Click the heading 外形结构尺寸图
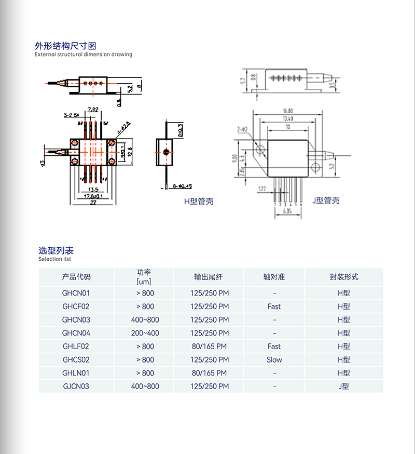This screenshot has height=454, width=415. point(65,46)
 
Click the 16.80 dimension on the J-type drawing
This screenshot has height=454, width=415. point(288,111)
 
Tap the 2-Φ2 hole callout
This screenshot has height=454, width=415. point(242,129)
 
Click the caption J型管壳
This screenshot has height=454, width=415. point(326,201)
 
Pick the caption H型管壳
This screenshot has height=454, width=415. point(199,201)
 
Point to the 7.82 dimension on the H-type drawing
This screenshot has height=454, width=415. point(93,109)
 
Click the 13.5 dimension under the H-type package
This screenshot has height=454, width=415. point(93,189)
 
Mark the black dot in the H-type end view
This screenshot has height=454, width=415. point(165,152)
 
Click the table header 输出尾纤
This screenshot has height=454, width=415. point(209,277)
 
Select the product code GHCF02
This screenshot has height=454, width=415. point(76,306)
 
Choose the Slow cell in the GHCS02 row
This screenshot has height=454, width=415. point(274,359)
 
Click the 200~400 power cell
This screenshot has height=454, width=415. point(145,333)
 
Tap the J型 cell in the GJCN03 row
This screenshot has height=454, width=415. point(343,386)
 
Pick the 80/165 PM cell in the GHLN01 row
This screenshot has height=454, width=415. point(209,373)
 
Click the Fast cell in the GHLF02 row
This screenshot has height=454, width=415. point(274,346)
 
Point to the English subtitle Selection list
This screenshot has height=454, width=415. point(54,259)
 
